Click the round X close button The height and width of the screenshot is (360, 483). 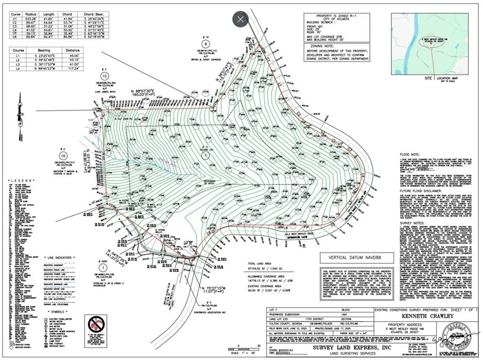(x=241, y=19)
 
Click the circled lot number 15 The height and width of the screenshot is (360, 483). (x=105, y=75)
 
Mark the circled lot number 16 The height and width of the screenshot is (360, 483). (x=63, y=156)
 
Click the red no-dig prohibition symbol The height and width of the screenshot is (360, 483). (x=97, y=325)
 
